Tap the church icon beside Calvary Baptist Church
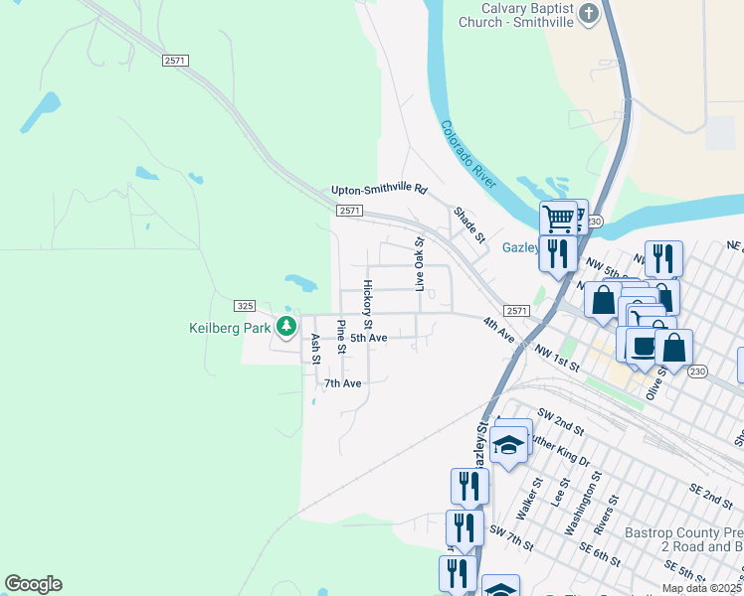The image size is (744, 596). point(590,14)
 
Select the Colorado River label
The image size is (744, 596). point(468,154)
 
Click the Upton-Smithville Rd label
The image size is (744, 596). point(379,189)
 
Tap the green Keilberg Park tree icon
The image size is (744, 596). point(287,325)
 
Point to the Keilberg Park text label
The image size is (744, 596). point(231,327)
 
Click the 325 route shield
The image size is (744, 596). point(246,305)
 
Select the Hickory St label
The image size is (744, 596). point(367,304)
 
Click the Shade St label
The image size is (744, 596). point(468,224)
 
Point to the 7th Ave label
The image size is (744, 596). point(342,382)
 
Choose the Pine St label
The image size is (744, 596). point(341,337)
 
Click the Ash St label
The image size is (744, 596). point(315,349)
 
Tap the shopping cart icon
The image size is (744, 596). point(558,218)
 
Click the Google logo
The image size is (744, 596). point(33,584)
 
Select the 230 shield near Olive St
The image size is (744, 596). point(697,372)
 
